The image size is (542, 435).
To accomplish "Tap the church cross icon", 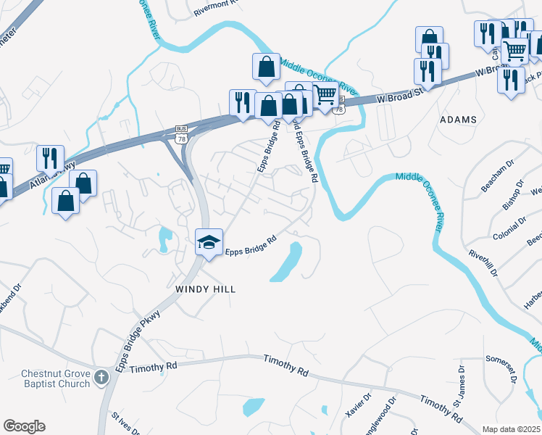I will coord(101,377).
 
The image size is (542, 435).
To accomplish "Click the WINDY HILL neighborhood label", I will coord(206,289).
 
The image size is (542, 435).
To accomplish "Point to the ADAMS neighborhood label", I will coord(458,120).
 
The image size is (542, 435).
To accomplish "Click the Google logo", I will coord(24,426).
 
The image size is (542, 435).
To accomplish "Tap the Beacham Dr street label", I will coord(497,177).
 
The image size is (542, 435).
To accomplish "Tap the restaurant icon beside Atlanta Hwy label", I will coord(50,157).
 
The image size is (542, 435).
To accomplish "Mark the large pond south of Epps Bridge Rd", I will coord(288,262).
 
